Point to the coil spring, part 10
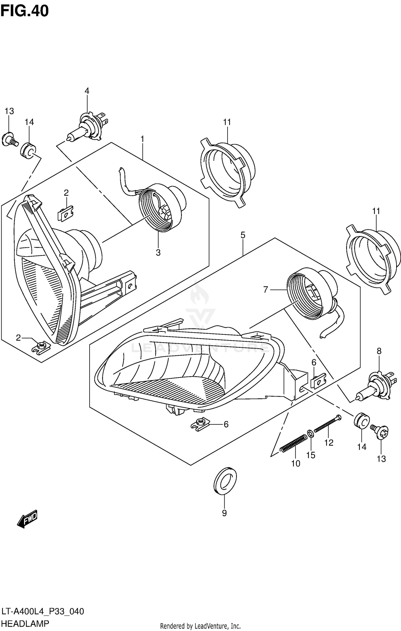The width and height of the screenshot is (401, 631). (x=293, y=444)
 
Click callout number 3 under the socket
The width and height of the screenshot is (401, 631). (x=158, y=252)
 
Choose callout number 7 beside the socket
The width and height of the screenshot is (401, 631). (x=265, y=290)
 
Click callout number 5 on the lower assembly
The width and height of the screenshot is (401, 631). (x=243, y=235)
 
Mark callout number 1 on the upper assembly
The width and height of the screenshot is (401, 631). (x=142, y=139)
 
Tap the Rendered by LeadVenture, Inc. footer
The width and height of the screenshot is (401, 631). (x=200, y=626)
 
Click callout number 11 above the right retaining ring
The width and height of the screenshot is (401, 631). (x=376, y=211)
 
